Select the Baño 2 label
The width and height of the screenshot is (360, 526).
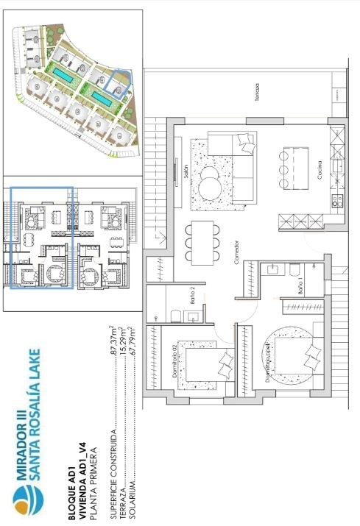[x=190, y=296]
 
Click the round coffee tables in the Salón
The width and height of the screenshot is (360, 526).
[x=210, y=178]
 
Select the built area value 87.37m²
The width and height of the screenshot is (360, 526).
[x=113, y=341]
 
